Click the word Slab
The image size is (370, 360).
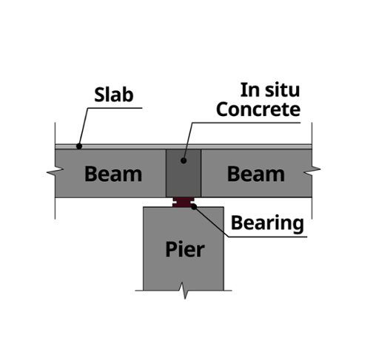[x=114, y=95]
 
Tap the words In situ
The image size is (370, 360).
[x=270, y=89]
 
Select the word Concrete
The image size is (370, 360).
[x=258, y=109]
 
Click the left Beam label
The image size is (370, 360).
[x=113, y=174]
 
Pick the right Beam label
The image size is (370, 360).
[x=256, y=174]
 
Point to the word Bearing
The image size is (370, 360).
[x=267, y=223]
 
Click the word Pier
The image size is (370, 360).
[x=185, y=249]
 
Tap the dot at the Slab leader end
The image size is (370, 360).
[x=79, y=146]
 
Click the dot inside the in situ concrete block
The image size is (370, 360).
[x=184, y=160]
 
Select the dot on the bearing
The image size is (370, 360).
[x=194, y=207]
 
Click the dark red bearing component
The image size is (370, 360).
[x=184, y=203]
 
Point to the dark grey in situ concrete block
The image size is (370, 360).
[x=184, y=173]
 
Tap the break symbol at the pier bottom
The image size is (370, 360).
[x=184, y=291]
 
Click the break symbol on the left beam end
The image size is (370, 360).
[x=55, y=171]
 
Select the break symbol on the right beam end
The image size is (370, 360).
[x=312, y=171]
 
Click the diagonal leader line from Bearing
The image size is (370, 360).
[x=211, y=222]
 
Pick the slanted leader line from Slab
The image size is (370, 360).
[x=84, y=127]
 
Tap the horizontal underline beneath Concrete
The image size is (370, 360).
[x=246, y=123]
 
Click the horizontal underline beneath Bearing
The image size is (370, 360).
[x=268, y=237]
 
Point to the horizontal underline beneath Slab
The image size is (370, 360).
[x=115, y=108]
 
